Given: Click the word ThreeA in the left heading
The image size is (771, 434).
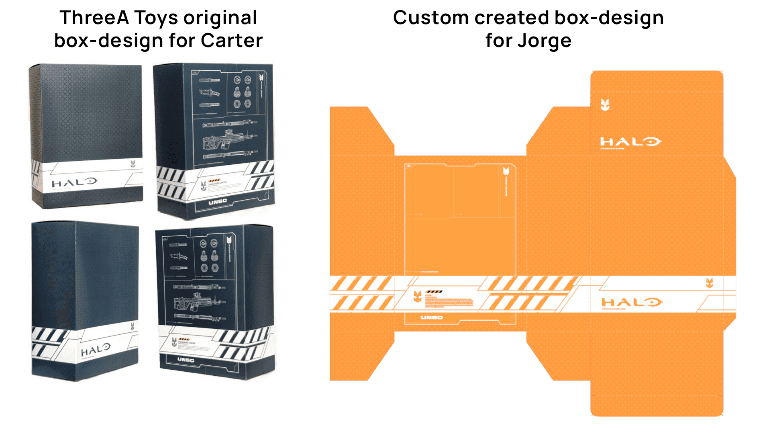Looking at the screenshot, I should point(94,18).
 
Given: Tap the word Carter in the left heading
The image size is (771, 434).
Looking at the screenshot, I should point(232,41).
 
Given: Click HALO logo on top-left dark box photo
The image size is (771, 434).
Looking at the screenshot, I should point(75,183).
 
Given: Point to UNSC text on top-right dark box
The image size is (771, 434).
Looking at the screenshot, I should point(218,201).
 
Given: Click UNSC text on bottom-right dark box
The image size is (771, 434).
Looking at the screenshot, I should point(186,360).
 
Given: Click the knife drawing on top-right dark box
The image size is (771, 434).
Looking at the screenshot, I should point(210,93).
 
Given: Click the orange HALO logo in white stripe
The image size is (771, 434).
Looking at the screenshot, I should point(631,302).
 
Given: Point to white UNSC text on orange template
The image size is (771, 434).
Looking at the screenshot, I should point(432,317).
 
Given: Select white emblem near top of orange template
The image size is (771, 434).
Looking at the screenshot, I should point(605,105).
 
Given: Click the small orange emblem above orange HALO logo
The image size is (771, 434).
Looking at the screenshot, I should point(710,283).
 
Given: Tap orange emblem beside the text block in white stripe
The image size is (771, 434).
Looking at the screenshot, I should point(418,297).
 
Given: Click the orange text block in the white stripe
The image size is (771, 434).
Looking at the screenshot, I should point(449,302).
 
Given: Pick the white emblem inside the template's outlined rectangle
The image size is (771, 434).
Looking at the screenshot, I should point(506,171).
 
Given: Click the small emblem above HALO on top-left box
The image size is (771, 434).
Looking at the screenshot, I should point(133,164).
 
